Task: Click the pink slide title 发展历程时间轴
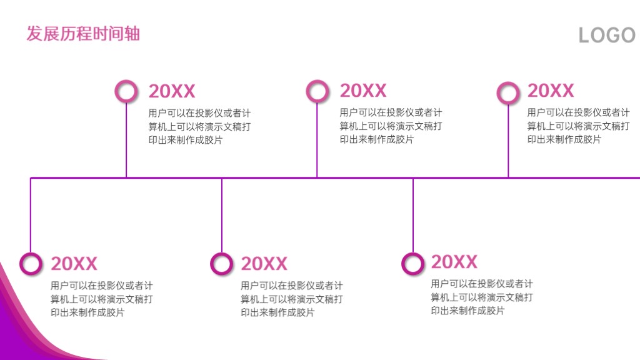(x=83, y=34)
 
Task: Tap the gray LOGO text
(x=607, y=35)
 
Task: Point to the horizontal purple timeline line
(x=335, y=177)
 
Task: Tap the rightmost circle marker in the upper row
(x=508, y=83)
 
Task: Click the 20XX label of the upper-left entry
(x=172, y=91)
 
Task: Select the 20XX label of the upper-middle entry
(x=363, y=91)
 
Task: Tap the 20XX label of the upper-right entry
(x=551, y=91)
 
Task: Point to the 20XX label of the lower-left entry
(x=74, y=264)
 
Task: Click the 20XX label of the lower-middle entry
(x=264, y=264)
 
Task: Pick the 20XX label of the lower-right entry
(x=454, y=262)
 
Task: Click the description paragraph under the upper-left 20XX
(x=199, y=126)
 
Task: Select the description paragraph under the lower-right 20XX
(x=482, y=297)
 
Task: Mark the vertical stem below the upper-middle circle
(x=317, y=139)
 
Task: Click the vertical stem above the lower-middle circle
(x=222, y=216)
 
